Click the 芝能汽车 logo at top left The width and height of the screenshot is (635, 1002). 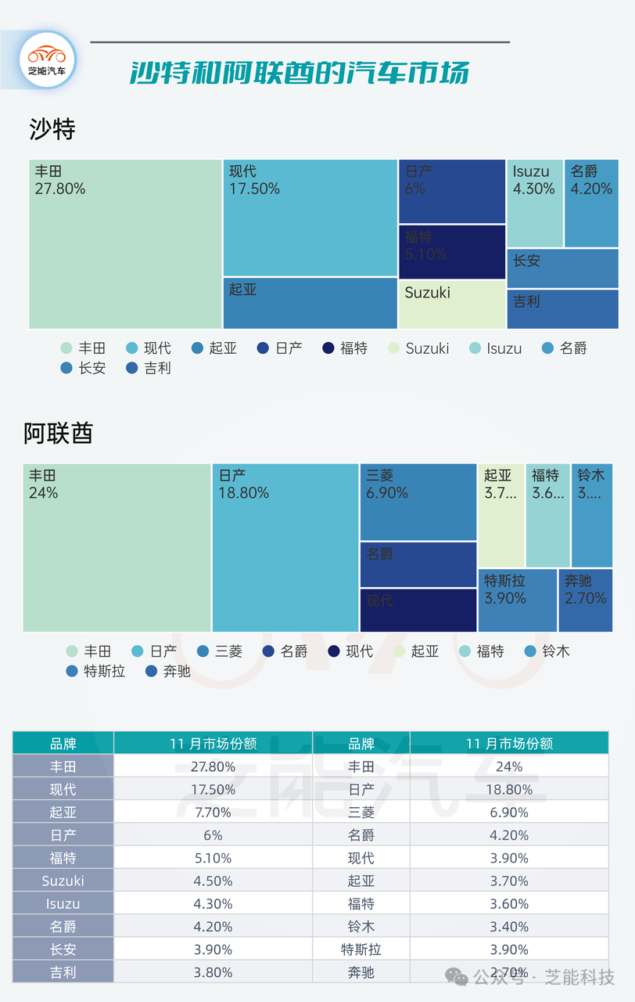(x=47, y=60)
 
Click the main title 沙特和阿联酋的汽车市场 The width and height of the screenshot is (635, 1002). (x=300, y=73)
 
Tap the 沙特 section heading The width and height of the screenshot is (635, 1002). (x=52, y=129)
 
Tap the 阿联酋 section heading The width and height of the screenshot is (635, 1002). (x=58, y=433)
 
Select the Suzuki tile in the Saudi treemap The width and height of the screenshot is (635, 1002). (x=452, y=305)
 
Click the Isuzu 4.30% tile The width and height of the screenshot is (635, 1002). (x=534, y=203)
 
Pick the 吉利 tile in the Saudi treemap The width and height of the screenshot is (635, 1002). (x=562, y=309)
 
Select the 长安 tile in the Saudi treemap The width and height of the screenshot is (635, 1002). (x=562, y=268)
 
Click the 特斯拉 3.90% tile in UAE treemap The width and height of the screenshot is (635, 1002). (x=517, y=600)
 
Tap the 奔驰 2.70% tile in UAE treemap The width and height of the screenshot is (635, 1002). (x=585, y=600)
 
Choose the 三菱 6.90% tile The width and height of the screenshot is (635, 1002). (x=418, y=501)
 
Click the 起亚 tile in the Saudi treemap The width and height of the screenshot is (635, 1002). (x=310, y=303)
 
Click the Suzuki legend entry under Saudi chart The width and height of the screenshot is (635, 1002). (x=419, y=348)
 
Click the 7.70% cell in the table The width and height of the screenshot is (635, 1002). (x=213, y=813)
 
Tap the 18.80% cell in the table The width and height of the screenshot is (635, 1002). (x=509, y=790)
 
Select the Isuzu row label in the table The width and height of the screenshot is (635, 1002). (x=63, y=903)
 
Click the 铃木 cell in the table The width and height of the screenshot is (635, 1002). (x=361, y=927)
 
